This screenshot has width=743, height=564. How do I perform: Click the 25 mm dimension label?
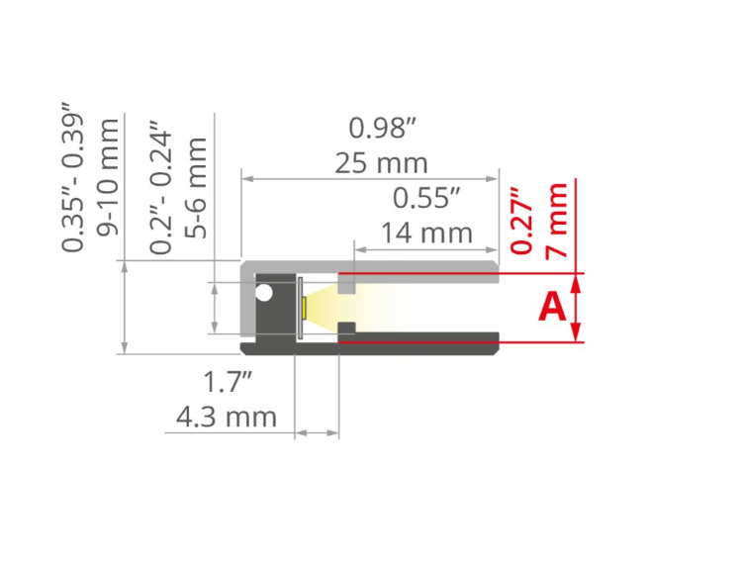pos(382,163)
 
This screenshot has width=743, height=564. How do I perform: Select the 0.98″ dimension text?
pos(382,128)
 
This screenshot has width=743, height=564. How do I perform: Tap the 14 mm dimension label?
pos(427,233)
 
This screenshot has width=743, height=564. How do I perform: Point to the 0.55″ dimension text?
pos(427,198)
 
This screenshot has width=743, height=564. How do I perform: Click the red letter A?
pos(552,307)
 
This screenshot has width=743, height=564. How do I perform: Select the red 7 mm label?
pos(556,221)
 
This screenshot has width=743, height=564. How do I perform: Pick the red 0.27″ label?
pos(521,221)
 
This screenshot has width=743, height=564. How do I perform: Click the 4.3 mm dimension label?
pos(227,418)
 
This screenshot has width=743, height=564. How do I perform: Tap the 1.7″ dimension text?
pos(228,382)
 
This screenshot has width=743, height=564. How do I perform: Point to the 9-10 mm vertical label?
pos(108,177)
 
